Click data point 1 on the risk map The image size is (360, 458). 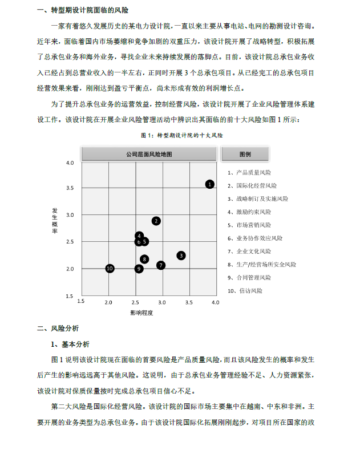[210, 184]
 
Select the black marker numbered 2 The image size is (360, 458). [156, 221]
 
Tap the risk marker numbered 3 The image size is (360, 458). [181, 256]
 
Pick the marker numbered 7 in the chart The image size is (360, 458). [161, 265]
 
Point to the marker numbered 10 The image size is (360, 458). [110, 268]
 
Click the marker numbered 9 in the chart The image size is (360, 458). [139, 269]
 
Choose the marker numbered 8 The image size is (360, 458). [144, 259]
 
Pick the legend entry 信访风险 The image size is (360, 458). [246, 290]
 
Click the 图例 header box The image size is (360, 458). [245, 154]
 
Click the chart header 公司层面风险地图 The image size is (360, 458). [149, 154]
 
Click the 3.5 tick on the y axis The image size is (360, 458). [70, 188]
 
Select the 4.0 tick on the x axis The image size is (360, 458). [215, 302]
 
